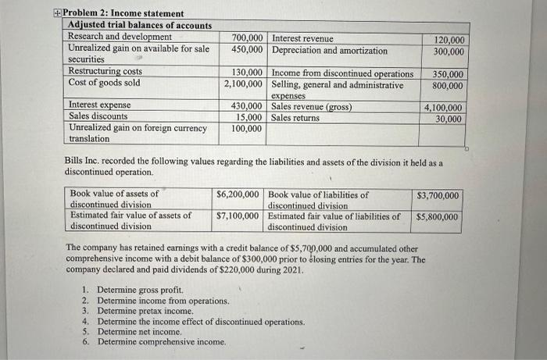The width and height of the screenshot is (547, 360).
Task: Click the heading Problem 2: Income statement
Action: pos(123,13)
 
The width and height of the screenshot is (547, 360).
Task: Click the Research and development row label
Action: pos(120,37)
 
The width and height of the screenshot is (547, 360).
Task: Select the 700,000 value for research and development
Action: pos(247,37)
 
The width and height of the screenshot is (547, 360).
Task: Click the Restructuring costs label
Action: pos(105,71)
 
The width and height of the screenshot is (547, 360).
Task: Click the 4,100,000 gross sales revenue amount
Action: pos(443,108)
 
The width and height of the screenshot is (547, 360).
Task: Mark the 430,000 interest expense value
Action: pos(247,105)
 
